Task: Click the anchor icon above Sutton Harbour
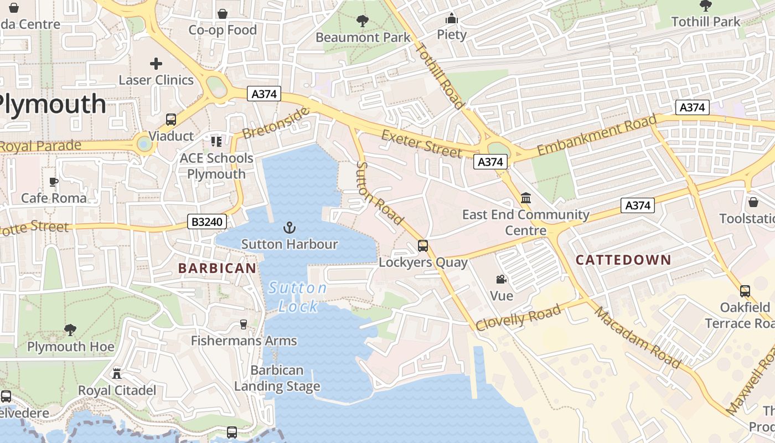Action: coord(290,227)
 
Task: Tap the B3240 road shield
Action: coord(206,222)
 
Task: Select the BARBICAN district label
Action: coord(217,268)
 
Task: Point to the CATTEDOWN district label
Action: coord(623,260)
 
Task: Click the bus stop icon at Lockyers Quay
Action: coord(423,245)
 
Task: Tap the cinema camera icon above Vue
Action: coord(501,280)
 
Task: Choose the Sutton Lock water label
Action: coord(298,297)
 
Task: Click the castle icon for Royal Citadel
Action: coord(117,374)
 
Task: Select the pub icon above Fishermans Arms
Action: coord(243,324)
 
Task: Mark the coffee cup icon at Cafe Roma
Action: coord(54,182)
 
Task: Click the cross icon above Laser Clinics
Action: coord(156,64)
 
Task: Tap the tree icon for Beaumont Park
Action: coord(363,21)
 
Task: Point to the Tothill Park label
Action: coord(705,22)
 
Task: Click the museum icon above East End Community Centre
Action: coord(526,198)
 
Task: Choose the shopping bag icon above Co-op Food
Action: coord(223,13)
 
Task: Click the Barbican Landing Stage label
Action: coord(277,378)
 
